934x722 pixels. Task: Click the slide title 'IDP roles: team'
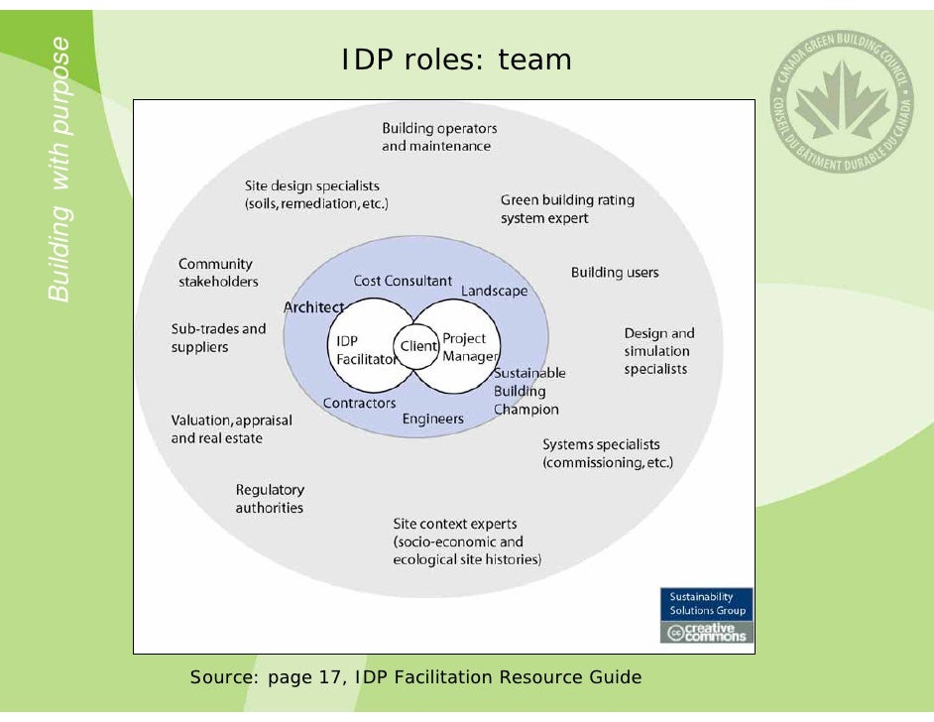[456, 60]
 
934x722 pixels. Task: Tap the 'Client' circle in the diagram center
[417, 347]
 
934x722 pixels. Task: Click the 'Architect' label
[313, 307]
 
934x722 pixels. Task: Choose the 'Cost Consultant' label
[403, 282]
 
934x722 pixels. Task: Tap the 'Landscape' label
[494, 291]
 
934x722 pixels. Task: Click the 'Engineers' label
[432, 419]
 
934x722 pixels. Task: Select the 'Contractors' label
[359, 403]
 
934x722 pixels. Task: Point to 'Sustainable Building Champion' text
[528, 391]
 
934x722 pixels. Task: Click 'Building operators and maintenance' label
[439, 137]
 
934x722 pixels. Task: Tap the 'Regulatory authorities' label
[270, 499]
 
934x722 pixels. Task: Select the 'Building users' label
[615, 273]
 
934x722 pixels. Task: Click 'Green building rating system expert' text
[567, 208]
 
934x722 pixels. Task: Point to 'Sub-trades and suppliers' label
[218, 338]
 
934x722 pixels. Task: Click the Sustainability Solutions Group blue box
[707, 604]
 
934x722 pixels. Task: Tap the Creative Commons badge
[707, 633]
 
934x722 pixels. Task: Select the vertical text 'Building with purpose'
[61, 169]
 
